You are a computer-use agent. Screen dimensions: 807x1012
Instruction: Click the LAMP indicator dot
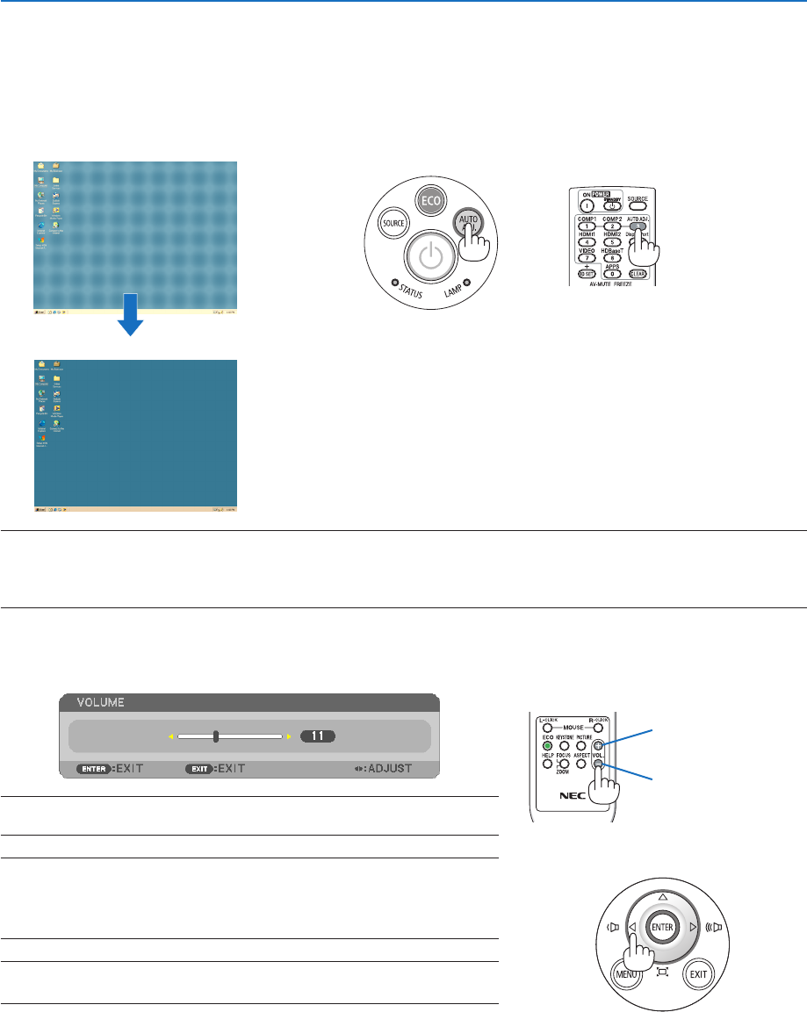pyautogui.click(x=466, y=282)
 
